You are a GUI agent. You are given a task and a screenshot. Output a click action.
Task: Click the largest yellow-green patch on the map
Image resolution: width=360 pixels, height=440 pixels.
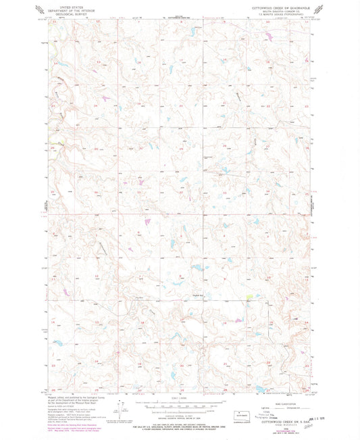[x=250, y=295]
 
